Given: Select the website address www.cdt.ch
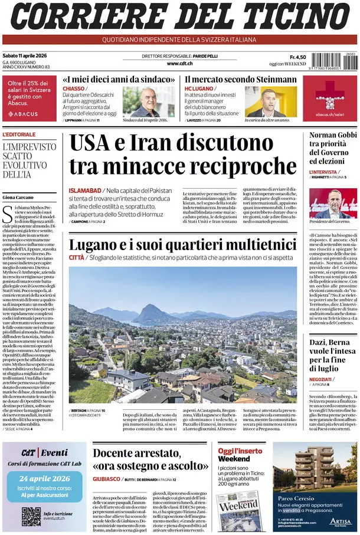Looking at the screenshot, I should click(x=180, y=63).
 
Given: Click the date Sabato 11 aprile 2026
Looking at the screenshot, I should click(x=24, y=56).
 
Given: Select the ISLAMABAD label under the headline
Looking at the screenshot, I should click(x=85, y=191).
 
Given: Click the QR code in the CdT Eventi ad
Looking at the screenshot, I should click(x=31, y=516).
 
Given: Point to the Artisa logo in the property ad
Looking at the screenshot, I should click(x=340, y=521).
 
